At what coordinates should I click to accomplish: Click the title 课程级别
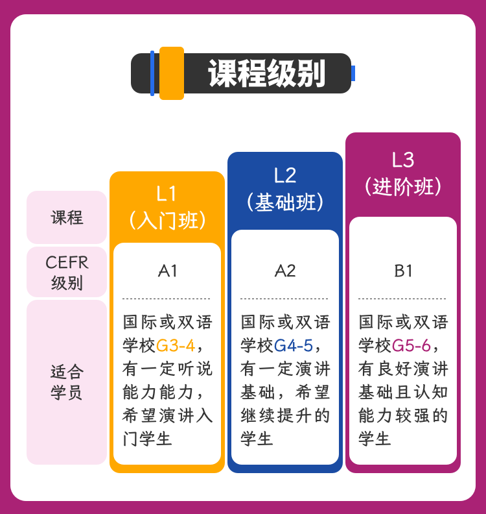pyautogui.click(x=266, y=73)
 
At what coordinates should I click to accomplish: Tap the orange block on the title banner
pyautogui.click(x=172, y=73)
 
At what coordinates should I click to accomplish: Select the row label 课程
pyautogui.click(x=67, y=217)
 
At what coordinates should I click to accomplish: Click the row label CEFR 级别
pyautogui.click(x=67, y=273)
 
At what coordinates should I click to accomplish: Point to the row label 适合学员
pyautogui.click(x=67, y=382)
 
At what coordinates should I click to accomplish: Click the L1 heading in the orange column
pyautogui.click(x=167, y=193)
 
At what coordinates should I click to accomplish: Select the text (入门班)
pyautogui.click(x=167, y=220)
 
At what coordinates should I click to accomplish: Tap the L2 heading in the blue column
pyautogui.click(x=285, y=175)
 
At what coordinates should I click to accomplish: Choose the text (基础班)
pyautogui.click(x=285, y=202)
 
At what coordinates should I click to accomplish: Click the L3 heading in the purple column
pyautogui.click(x=403, y=160)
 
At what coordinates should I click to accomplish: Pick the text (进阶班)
pyautogui.click(x=403, y=187)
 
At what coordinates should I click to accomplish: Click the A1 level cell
pyautogui.click(x=167, y=271)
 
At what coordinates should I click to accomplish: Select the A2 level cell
pyautogui.click(x=285, y=271)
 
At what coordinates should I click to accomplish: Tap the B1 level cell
pyautogui.click(x=403, y=271)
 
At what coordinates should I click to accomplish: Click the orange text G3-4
pyautogui.click(x=175, y=345)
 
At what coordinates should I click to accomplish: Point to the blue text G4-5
pyautogui.click(x=294, y=345)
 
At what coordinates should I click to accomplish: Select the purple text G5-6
pyautogui.click(x=411, y=345)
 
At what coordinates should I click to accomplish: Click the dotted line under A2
pyautogui.click(x=285, y=299)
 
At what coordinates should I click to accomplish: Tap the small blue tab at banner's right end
pyautogui.click(x=353, y=73)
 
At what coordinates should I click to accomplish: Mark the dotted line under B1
pyautogui.click(x=403, y=299)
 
